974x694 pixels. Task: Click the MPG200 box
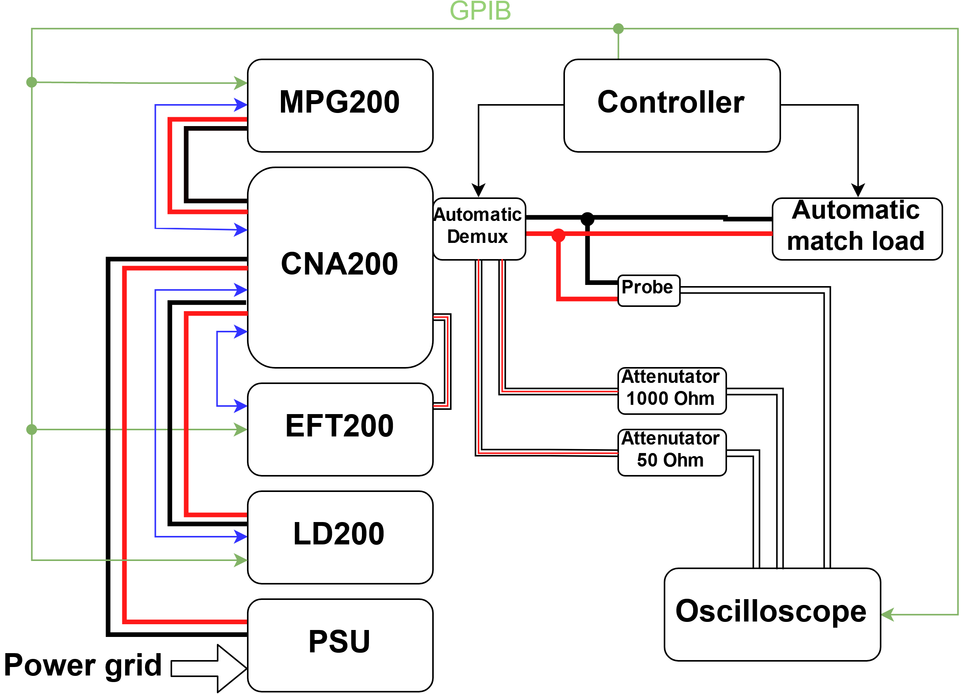click(340, 106)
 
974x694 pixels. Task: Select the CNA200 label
click(339, 264)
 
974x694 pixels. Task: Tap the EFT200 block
click(340, 429)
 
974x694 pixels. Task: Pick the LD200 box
click(340, 537)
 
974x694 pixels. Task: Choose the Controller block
click(671, 106)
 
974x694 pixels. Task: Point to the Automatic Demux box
click(479, 229)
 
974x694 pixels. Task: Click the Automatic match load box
click(856, 229)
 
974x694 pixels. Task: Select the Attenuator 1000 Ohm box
click(671, 390)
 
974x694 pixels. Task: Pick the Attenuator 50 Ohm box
click(671, 452)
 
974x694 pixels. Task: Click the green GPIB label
click(480, 11)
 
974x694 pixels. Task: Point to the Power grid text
click(83, 665)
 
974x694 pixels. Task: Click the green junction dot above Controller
click(618, 29)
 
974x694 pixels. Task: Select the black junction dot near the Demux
click(587, 219)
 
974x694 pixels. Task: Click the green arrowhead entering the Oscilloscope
click(887, 615)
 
